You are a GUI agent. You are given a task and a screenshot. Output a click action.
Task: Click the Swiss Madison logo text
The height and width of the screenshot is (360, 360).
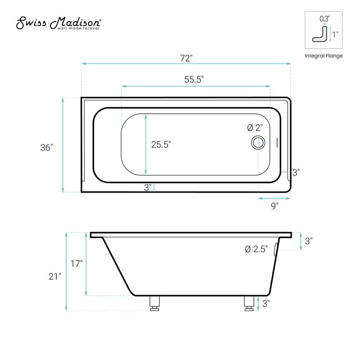58,22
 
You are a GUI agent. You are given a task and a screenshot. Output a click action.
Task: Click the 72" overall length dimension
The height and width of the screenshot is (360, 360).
186,58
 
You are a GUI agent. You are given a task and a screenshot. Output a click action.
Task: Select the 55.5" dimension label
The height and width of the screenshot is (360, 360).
194,79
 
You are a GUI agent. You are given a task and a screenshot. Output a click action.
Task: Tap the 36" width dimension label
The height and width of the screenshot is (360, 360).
46,147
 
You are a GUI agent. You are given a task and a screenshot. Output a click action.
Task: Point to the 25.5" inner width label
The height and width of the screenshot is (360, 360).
161,144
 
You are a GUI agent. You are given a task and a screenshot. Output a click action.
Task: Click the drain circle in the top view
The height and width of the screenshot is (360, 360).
258,143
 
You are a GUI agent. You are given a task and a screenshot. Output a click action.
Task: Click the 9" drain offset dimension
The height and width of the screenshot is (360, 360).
274,205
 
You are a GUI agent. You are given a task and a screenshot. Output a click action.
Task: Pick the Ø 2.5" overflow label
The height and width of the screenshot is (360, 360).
256,249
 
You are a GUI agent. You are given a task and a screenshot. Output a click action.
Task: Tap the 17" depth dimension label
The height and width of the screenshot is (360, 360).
76,264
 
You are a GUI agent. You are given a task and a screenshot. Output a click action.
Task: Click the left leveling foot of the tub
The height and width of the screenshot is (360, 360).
154,303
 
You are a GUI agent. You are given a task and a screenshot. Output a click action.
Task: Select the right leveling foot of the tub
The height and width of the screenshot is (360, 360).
248,303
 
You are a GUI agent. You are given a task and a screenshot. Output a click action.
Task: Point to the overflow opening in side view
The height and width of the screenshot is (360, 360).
276,249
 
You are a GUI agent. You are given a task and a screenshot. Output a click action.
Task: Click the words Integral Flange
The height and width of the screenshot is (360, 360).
324,56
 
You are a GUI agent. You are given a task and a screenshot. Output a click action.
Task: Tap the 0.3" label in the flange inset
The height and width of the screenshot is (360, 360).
324,19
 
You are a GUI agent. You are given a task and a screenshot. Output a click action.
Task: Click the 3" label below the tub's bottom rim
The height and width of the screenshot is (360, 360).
148,188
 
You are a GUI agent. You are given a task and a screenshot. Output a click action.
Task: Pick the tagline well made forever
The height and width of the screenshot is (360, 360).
78,28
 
